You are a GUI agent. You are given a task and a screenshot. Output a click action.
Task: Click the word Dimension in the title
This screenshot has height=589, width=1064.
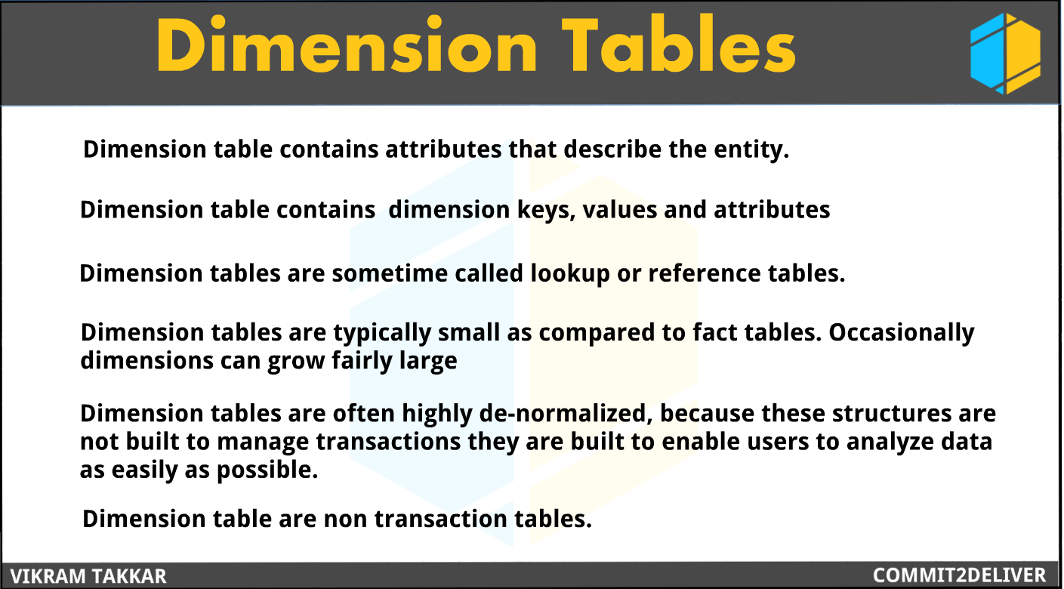pyautogui.click(x=348, y=47)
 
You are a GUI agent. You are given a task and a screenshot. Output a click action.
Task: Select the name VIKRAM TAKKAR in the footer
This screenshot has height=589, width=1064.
pyautogui.click(x=88, y=576)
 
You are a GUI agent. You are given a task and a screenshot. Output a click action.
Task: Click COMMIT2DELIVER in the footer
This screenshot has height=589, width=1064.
pyautogui.click(x=960, y=575)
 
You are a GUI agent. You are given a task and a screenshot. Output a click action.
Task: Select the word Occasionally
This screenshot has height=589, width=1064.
pyautogui.click(x=902, y=333)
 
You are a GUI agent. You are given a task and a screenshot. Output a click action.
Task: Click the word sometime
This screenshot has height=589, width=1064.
pyautogui.click(x=390, y=273)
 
